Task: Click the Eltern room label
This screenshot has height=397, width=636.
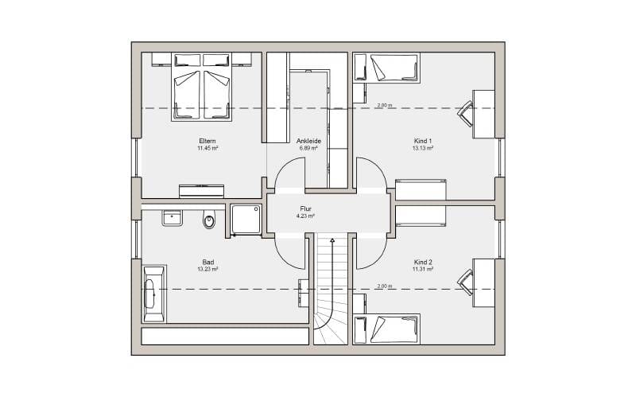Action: pyautogui.click(x=207, y=142)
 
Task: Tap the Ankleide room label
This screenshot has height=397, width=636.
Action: pyautogui.click(x=308, y=142)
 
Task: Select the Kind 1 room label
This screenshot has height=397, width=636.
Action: pyautogui.click(x=423, y=142)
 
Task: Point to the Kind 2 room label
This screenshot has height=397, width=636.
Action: pyautogui.click(x=423, y=263)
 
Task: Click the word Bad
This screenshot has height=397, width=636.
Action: pyautogui.click(x=208, y=263)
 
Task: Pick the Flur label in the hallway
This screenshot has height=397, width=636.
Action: pyautogui.click(x=305, y=209)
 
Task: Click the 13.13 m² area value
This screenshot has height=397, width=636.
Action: pyautogui.click(x=423, y=148)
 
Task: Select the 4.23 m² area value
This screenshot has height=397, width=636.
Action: pyautogui.click(x=305, y=216)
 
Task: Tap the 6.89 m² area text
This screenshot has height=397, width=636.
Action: pyautogui.click(x=308, y=148)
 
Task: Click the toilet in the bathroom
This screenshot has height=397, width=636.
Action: pyautogui.click(x=209, y=220)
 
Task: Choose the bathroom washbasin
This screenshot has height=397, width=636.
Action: pyautogui.click(x=173, y=218)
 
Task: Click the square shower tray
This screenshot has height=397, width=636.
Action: pyautogui.click(x=246, y=219)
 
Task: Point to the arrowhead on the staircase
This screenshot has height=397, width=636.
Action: pyautogui.click(x=332, y=241)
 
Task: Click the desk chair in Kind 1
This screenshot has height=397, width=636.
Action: pyautogui.click(x=466, y=113)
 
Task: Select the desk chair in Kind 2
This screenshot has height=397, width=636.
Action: pyautogui.click(x=466, y=282)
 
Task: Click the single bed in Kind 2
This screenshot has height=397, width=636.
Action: pyautogui.click(x=386, y=329)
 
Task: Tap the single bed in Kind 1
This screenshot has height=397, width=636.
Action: pyautogui.click(x=386, y=68)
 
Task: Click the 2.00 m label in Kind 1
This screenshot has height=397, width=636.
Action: pyautogui.click(x=385, y=105)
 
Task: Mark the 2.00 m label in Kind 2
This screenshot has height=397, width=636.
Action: pyautogui.click(x=385, y=286)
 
